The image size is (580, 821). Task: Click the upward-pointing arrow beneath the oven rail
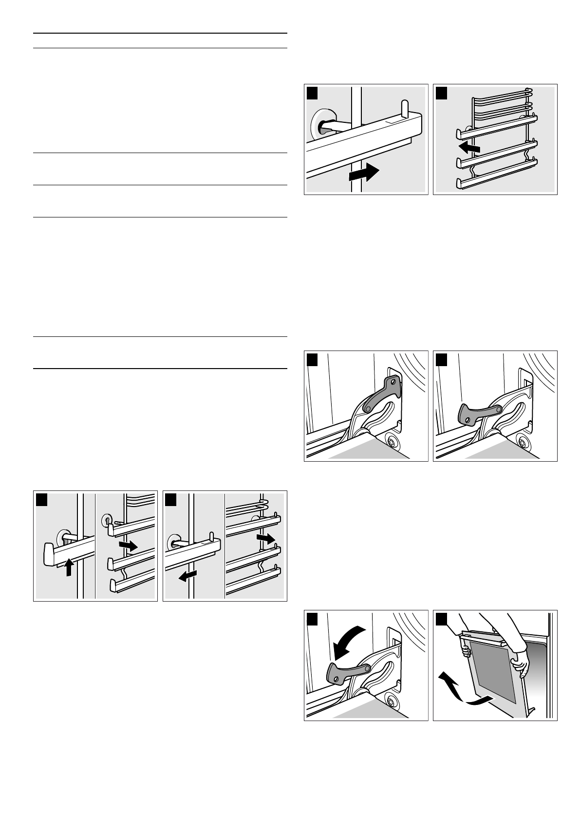pyautogui.click(x=69, y=567)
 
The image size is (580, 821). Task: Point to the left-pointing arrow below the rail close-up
pyautogui.click(x=187, y=576)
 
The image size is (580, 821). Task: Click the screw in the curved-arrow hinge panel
pyautogui.click(x=390, y=702)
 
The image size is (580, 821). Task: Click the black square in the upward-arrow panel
pyautogui.click(x=42, y=499)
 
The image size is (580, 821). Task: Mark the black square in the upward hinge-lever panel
pyautogui.click(x=313, y=359)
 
